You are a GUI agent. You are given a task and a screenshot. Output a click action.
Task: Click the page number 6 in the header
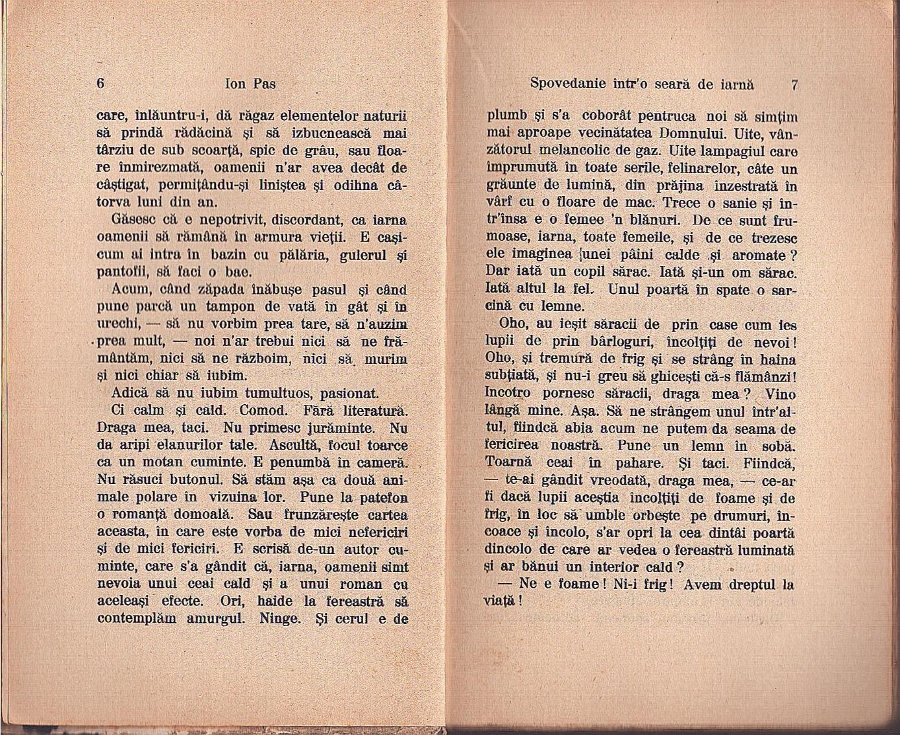point(101,84)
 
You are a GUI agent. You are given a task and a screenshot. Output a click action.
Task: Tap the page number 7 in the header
point(794,84)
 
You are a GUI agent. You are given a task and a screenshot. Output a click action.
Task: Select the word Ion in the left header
point(235,84)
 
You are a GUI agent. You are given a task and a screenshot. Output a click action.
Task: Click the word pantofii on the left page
point(120,271)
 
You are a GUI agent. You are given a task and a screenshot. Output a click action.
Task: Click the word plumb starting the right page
point(506,116)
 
